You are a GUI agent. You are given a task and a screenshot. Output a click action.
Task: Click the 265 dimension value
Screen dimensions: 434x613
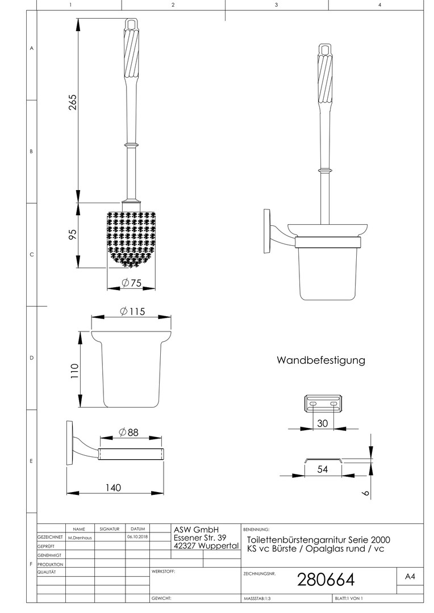[73, 102]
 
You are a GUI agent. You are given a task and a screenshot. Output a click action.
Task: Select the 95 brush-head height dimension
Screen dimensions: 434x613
[73, 234]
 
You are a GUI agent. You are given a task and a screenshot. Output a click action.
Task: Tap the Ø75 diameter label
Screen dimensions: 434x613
[131, 282]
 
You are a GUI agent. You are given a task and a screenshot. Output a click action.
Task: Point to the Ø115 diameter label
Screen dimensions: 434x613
[132, 311]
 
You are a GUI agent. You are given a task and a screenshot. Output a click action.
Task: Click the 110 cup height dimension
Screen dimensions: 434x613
[74, 370]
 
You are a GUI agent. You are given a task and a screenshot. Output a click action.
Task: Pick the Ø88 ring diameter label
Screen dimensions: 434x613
[129, 432]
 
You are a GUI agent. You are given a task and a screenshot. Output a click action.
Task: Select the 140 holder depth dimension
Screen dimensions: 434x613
[113, 488]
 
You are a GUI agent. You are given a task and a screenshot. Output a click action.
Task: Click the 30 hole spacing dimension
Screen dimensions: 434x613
[323, 423]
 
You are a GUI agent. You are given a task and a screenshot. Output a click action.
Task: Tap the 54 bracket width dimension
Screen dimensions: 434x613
[323, 469]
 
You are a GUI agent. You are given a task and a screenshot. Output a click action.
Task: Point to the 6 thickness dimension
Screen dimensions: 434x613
[366, 493]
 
